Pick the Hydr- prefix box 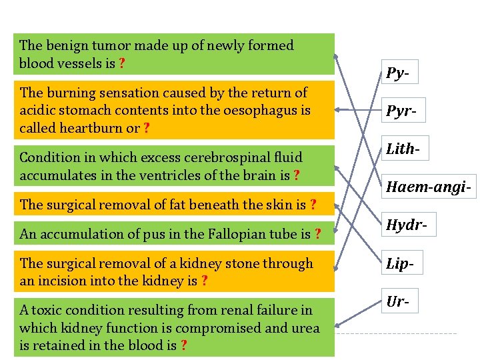pyautogui.click(x=404, y=226)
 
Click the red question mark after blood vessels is pyautogui.click(x=122, y=64)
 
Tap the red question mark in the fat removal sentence pyautogui.click(x=313, y=205)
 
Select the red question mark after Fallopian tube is pyautogui.click(x=318, y=234)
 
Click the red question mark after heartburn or pyautogui.click(x=146, y=129)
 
